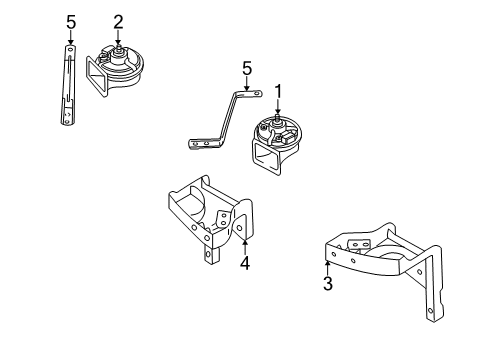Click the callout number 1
click(x=278, y=92)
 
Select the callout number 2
click(x=118, y=22)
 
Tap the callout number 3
click(x=328, y=284)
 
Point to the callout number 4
click(x=245, y=263)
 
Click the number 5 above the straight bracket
click(x=71, y=23)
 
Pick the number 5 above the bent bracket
click(x=247, y=69)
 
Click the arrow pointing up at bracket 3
click(x=328, y=268)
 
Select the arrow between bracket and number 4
click(x=245, y=247)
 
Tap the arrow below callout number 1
click(x=278, y=107)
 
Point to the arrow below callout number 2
click(x=118, y=37)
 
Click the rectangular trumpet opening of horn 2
click(x=96, y=76)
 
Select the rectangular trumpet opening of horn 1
click(x=266, y=156)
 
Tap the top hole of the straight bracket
click(x=70, y=49)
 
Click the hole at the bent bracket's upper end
click(x=256, y=93)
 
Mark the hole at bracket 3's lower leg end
click(x=430, y=310)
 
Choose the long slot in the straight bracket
click(x=68, y=78)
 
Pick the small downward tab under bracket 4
click(x=209, y=255)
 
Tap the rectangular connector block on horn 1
click(x=288, y=137)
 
